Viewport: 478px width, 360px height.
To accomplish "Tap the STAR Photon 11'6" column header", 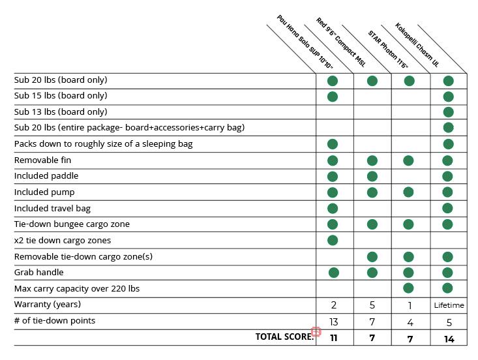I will point(387,50).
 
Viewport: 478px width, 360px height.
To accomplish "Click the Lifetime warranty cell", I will point(449,305).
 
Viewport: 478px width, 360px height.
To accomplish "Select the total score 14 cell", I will point(449,338).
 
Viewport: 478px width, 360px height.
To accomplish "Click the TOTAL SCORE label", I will point(284,337).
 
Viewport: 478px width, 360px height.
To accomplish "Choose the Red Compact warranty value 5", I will point(372,305).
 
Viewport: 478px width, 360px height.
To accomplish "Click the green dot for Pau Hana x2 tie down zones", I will point(333,240).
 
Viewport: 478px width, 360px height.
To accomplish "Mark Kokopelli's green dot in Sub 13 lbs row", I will point(448,112).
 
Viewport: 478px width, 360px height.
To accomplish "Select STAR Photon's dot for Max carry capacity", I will point(409,288).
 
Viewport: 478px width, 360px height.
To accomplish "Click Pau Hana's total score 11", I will point(333,338).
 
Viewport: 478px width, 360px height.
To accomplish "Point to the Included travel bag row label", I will point(52,209).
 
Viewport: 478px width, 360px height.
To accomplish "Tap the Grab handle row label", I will point(38,273).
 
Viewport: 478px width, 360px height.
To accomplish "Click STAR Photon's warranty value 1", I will point(410,305).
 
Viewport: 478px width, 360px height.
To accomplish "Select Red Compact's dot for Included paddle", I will point(372,176).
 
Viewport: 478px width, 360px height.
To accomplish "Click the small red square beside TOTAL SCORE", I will point(316,332).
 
